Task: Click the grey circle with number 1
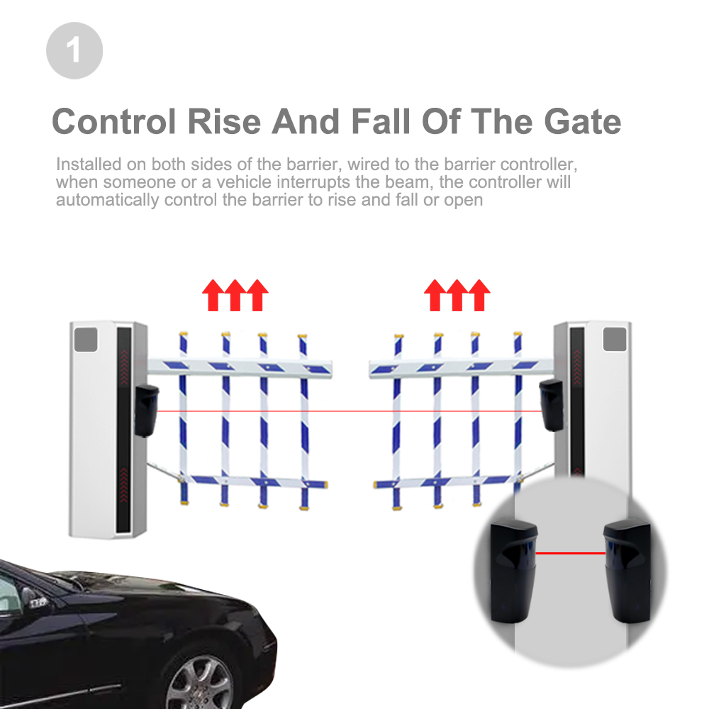click(x=74, y=50)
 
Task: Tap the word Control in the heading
click(x=113, y=121)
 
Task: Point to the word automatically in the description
click(x=107, y=200)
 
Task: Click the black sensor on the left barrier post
click(x=146, y=410)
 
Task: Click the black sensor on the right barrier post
click(x=550, y=404)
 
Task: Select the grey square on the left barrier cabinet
click(x=86, y=340)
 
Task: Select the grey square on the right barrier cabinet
click(x=615, y=339)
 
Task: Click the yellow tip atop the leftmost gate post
click(x=184, y=334)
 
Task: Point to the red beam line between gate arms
click(x=347, y=411)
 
